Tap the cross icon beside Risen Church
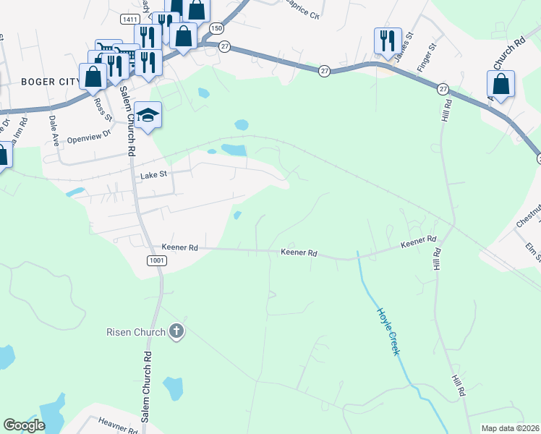(x=175, y=332)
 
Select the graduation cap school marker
(x=148, y=116)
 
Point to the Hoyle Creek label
(x=388, y=331)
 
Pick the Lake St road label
(x=153, y=174)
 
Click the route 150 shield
(x=216, y=27)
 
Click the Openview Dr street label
(x=88, y=136)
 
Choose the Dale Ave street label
(x=53, y=127)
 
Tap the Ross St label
(x=99, y=109)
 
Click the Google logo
(x=24, y=425)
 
